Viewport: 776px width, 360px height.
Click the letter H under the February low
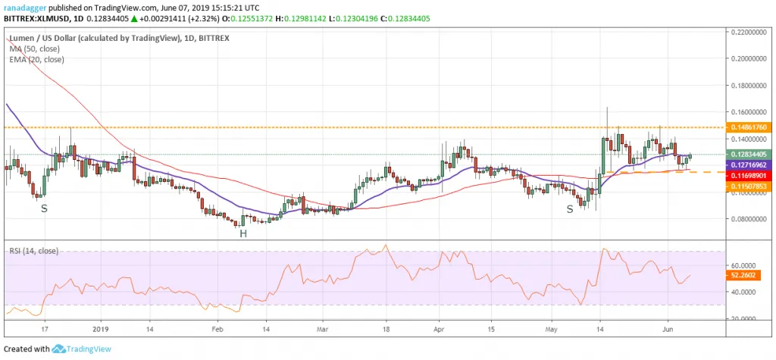point(243,233)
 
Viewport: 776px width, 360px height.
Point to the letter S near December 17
point(43,208)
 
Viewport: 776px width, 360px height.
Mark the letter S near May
point(570,208)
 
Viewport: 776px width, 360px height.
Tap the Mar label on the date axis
point(323,330)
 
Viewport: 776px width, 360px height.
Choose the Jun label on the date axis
point(668,330)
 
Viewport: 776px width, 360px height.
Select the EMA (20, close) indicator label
point(37,59)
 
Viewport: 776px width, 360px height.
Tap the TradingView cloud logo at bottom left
point(60,349)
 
